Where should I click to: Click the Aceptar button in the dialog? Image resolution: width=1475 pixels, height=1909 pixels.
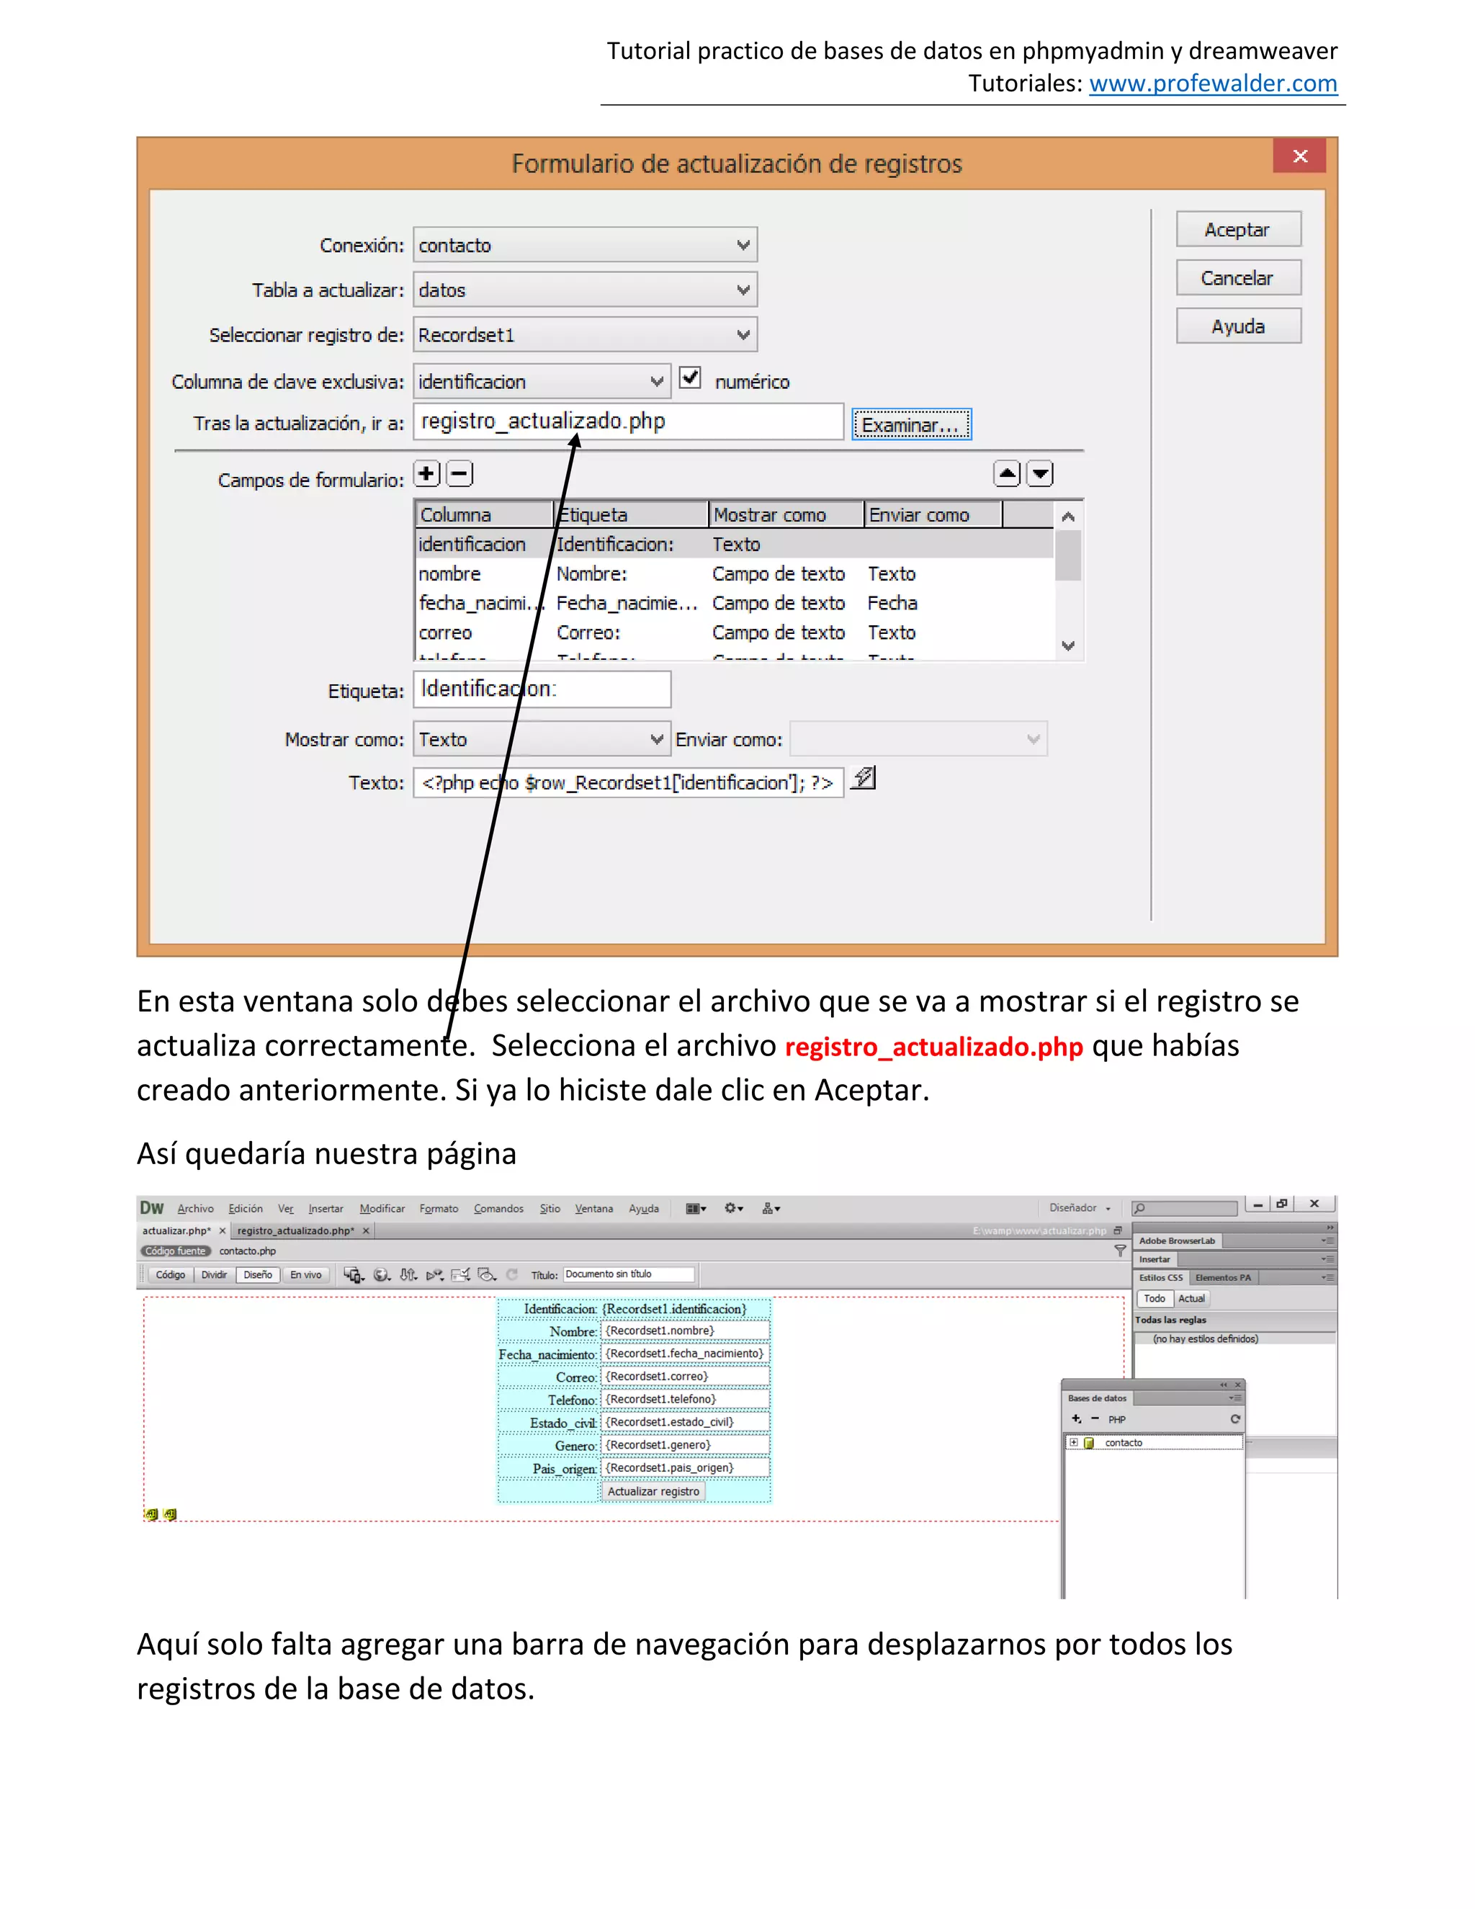click(1237, 230)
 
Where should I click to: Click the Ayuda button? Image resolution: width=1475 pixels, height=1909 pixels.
click(1237, 327)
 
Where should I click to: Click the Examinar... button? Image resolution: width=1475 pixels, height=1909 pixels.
click(910, 425)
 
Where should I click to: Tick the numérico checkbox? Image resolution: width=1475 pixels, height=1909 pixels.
click(690, 377)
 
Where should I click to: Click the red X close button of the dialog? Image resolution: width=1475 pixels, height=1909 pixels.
click(1299, 156)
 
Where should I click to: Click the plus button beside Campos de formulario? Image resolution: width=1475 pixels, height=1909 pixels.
click(426, 475)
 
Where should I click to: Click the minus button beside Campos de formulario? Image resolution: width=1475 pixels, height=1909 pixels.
click(459, 475)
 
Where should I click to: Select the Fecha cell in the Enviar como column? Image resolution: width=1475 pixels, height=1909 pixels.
click(892, 603)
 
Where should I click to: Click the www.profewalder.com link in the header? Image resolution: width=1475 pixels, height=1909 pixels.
click(1212, 84)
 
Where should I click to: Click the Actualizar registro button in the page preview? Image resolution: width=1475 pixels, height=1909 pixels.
click(653, 1492)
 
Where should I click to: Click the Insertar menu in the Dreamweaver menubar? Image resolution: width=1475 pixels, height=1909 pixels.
click(325, 1209)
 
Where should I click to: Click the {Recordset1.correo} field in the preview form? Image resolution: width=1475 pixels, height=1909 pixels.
click(685, 1377)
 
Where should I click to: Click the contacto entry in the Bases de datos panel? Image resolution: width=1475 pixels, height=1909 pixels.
click(1123, 1443)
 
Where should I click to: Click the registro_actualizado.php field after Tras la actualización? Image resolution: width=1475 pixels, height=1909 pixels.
click(627, 422)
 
